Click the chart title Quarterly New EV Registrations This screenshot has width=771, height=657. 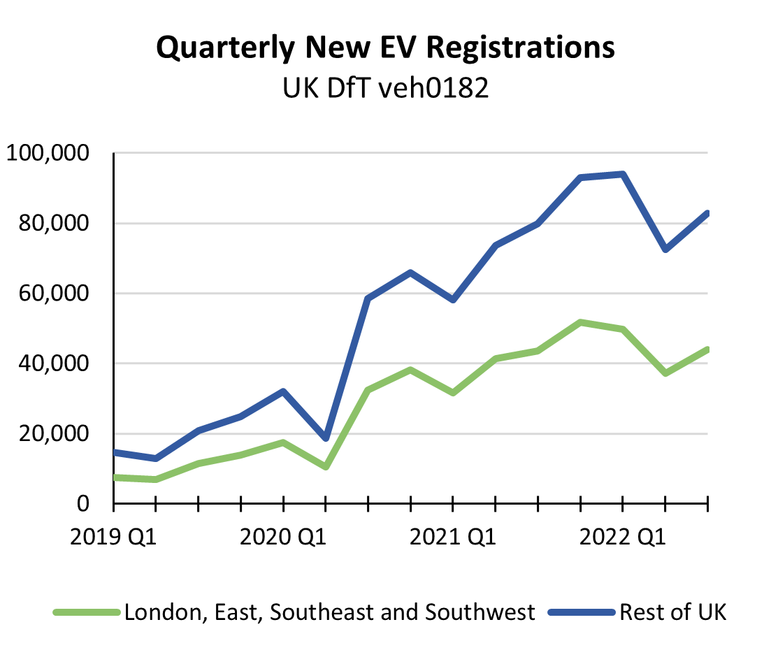(x=386, y=48)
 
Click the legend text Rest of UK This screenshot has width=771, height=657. (x=673, y=612)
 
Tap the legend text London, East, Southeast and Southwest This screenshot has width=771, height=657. (x=330, y=612)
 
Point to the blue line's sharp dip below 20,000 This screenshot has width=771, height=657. (x=326, y=438)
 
